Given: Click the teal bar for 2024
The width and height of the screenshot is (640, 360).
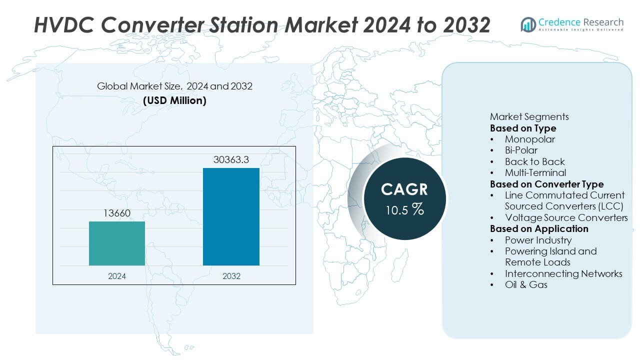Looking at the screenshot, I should click(x=117, y=243).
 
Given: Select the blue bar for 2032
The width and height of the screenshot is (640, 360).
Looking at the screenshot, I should click(x=231, y=216).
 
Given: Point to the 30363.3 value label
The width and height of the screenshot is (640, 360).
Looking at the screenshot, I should click(x=231, y=160).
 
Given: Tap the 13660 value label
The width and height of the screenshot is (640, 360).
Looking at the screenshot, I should click(x=117, y=213).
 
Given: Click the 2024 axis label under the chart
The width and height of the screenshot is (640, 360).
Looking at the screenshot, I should click(x=117, y=276).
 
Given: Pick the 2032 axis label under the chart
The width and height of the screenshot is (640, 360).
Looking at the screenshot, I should click(x=231, y=276).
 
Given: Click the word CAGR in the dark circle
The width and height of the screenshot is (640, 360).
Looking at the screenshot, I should click(x=404, y=189).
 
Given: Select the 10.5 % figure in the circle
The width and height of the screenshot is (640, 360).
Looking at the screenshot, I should click(x=404, y=209).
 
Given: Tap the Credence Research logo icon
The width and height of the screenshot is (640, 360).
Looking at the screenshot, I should click(x=528, y=24).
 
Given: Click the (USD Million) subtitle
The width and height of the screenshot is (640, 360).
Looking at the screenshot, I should click(x=174, y=100).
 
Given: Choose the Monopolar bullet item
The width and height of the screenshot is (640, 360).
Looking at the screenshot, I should click(x=529, y=139).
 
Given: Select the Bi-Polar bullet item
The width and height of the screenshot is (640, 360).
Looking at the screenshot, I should click(x=521, y=150).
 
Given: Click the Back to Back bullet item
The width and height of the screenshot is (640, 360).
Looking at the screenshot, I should click(x=534, y=161).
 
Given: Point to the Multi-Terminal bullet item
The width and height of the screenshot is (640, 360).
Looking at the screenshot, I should click(x=535, y=173).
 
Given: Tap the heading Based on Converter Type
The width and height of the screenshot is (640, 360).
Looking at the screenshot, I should click(x=546, y=184).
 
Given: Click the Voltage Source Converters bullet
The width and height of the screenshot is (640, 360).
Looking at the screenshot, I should click(x=566, y=217).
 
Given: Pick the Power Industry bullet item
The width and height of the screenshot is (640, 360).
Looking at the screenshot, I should click(x=538, y=240).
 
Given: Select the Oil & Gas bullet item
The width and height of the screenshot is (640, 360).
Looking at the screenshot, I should click(x=526, y=284).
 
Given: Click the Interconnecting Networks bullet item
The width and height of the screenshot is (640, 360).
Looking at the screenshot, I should click(x=563, y=273).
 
